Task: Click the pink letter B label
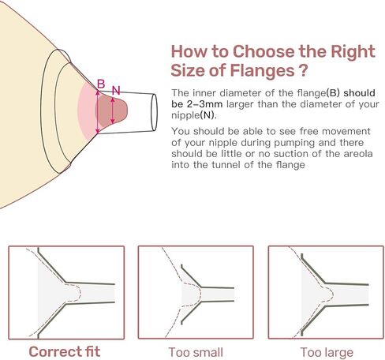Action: [x=101, y=84]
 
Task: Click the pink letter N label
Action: [x=116, y=91]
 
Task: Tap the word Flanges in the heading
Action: [x=262, y=70]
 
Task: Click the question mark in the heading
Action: [x=303, y=70]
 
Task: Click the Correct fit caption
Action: [x=65, y=351]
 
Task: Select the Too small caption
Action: [x=196, y=352]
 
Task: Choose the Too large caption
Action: [x=327, y=353]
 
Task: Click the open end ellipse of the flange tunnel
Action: [x=154, y=112]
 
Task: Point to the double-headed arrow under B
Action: [x=98, y=112]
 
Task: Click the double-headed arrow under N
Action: [x=113, y=111]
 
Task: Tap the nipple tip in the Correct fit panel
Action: [x=79, y=293]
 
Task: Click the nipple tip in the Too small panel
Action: [x=200, y=294]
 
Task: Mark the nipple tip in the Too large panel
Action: [x=332, y=294]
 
